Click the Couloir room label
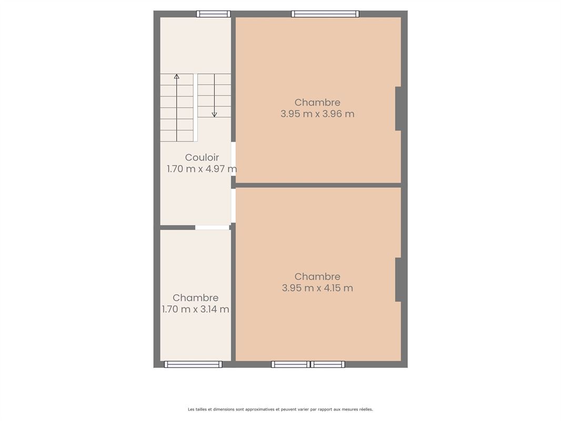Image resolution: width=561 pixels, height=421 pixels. [202, 157]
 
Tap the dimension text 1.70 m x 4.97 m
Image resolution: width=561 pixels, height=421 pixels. [202, 169]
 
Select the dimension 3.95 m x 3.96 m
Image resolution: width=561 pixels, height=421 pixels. [317, 114]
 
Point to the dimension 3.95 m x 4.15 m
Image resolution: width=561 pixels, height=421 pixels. [317, 288]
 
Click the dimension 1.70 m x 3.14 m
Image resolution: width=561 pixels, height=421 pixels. [195, 309]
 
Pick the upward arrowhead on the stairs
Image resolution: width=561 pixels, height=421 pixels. [177, 77]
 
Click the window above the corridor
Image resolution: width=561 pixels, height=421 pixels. [213, 14]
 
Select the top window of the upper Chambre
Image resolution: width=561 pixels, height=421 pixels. [325, 14]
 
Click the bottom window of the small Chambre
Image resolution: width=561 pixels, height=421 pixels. [193, 364]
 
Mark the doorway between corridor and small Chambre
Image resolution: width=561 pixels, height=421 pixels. [212, 227]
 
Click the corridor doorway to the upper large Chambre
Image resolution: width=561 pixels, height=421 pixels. [233, 159]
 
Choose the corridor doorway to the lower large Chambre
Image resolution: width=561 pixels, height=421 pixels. [233, 205]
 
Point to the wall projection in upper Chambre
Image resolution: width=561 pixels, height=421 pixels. [398, 108]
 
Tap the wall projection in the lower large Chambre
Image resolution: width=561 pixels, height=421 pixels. [398, 279]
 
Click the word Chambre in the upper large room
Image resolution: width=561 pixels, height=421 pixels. [317, 102]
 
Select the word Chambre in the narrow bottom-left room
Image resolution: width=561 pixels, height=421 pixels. [195, 298]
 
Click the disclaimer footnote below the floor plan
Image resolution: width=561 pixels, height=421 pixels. [280, 409]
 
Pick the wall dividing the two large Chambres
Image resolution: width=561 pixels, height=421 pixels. [318, 185]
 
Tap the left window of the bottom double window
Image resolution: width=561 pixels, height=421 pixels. [290, 364]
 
